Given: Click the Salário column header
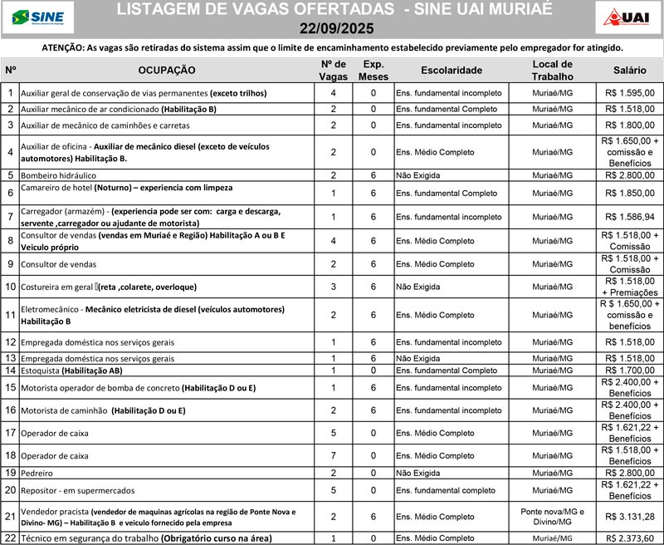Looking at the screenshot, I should pos(629,71).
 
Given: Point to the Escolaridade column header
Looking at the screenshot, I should pos(451,71).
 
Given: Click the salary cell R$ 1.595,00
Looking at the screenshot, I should pos(629,94).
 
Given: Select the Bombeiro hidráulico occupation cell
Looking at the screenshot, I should pos(58,175).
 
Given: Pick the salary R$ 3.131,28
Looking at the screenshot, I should pos(629,517).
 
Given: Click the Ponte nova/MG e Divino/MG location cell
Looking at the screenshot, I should pos(552,517).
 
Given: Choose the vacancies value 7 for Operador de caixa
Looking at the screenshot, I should pos(333,456).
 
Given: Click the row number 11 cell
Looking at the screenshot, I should pos(10,315).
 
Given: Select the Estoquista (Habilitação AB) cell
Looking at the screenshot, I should pos(71,371).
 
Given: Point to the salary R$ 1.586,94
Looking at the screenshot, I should pos(629,217).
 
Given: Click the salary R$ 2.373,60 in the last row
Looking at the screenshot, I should pos(629,538).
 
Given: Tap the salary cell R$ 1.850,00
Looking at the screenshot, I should pos(629,193).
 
